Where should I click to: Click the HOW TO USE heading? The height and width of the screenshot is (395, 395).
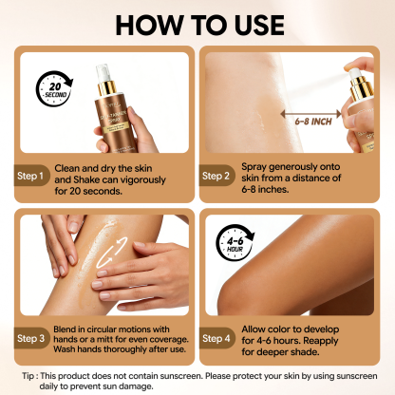tap(197, 22)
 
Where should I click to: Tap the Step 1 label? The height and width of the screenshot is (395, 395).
tap(32, 176)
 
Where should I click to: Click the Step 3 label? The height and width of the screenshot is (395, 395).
tap(32, 337)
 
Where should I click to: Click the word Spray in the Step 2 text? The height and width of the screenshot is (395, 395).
tap(271, 163)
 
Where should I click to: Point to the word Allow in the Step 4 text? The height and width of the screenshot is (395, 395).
tap(270, 327)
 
